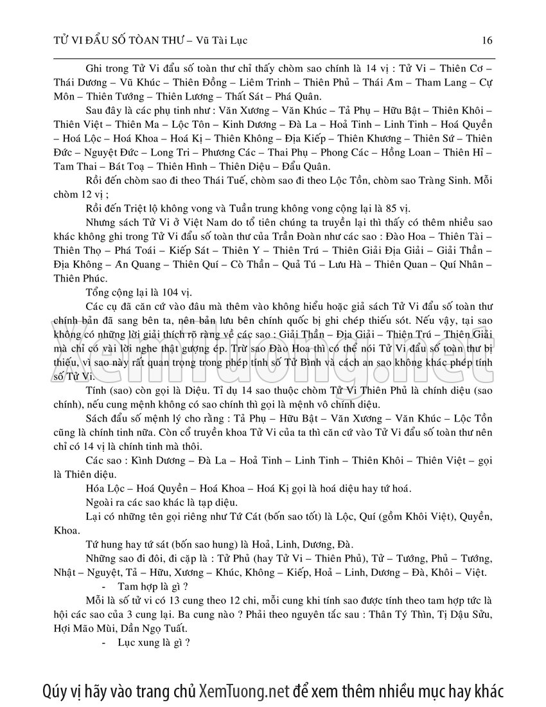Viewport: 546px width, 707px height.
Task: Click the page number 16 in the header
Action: (x=486, y=40)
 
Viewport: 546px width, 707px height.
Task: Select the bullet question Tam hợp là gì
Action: (x=153, y=586)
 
